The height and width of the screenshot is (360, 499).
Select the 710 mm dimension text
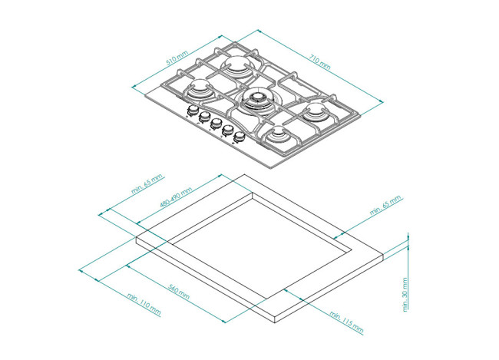(x=320, y=62)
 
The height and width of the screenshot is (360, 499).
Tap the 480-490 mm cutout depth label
(x=176, y=198)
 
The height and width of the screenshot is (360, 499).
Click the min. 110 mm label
(x=144, y=304)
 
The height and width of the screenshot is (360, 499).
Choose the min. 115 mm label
(x=346, y=322)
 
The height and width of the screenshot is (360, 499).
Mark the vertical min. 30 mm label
(x=405, y=295)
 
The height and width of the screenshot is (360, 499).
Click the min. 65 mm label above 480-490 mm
(x=147, y=183)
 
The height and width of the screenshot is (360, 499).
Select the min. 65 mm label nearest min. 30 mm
(x=385, y=206)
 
